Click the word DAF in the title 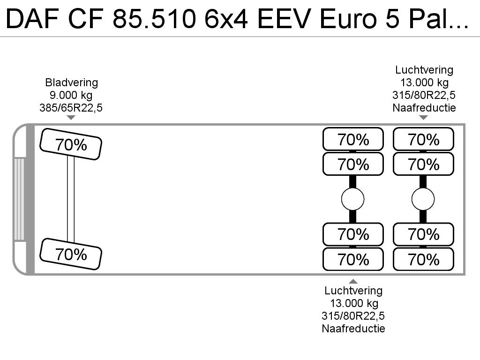pyautogui.click(x=32, y=19)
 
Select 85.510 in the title pyautogui.click(x=155, y=19)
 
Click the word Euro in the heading pyautogui.click(x=348, y=19)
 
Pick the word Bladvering pyautogui.click(x=71, y=82)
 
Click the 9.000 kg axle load pyautogui.click(x=71, y=95)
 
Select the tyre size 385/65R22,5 pyautogui.click(x=71, y=108)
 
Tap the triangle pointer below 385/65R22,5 pyautogui.click(x=71, y=118)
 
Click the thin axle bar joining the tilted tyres pyautogui.click(x=71, y=199)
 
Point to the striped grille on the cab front pyautogui.click(x=19, y=199)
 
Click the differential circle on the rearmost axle pyautogui.click(x=423, y=199)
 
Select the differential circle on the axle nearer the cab pyautogui.click(x=352, y=199)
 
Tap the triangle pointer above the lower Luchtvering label pyautogui.click(x=353, y=281)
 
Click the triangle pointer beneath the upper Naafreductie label pyautogui.click(x=423, y=118)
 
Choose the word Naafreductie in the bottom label pyautogui.click(x=353, y=329)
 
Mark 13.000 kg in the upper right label pyautogui.click(x=424, y=82)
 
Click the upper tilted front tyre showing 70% pyautogui.click(x=71, y=144)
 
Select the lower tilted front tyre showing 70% pyautogui.click(x=71, y=254)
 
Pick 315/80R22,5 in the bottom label pyautogui.click(x=353, y=316)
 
